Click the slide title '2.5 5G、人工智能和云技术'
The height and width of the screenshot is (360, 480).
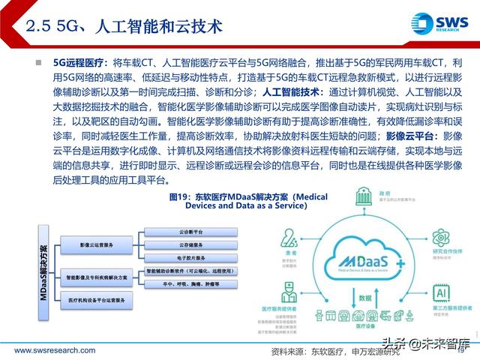click(x=125, y=27)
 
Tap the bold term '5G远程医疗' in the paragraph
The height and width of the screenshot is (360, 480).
click(x=76, y=64)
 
